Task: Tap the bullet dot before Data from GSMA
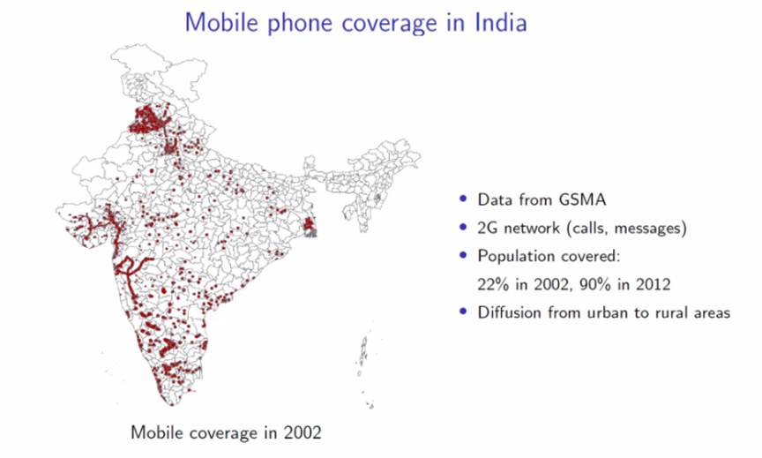(x=464, y=199)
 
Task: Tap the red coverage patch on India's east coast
(x=310, y=229)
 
